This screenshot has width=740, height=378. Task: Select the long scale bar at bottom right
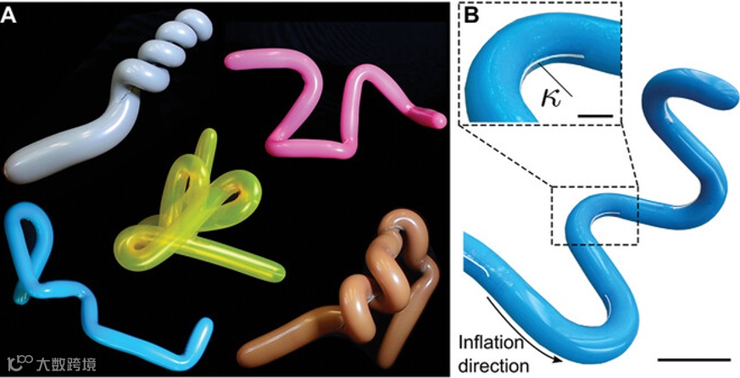[693, 360]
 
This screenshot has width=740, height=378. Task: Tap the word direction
[494, 365]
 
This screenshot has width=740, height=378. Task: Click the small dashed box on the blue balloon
[593, 216]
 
